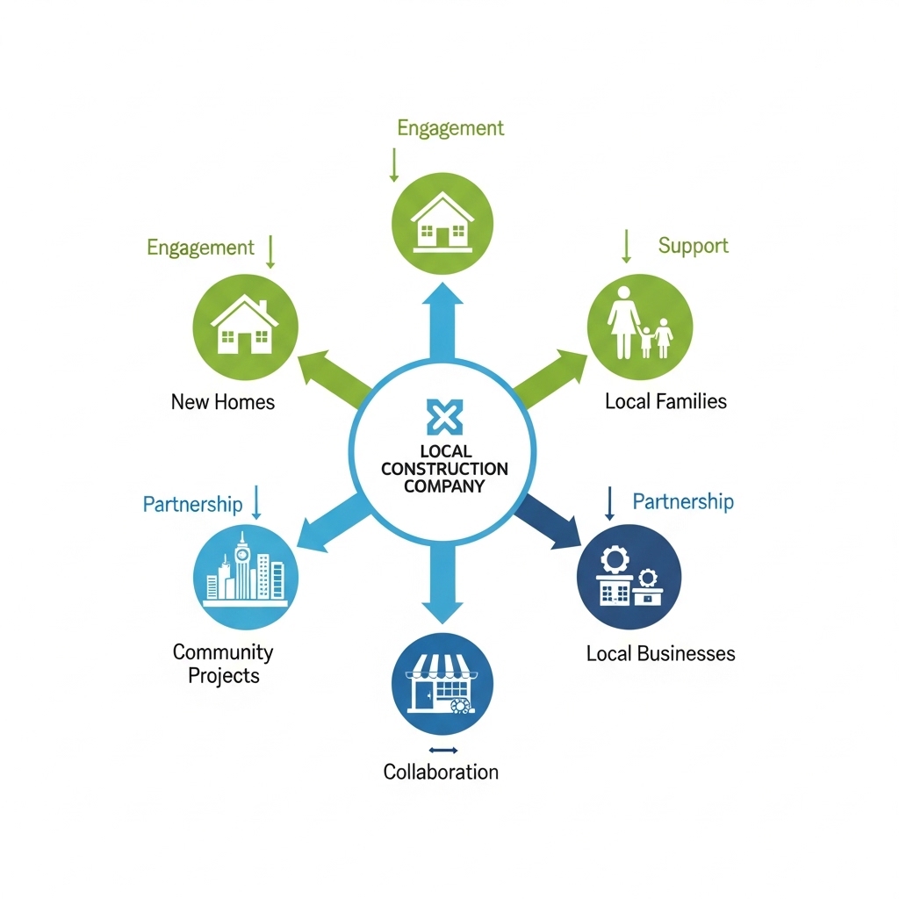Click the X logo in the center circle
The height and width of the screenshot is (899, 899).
444,416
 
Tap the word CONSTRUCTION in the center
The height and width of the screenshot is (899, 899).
444,469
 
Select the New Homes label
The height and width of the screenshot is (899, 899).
223,402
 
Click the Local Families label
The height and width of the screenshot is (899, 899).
665,401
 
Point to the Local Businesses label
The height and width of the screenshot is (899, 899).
660,653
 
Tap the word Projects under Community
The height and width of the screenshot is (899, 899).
224,676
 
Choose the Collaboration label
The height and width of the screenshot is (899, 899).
441,772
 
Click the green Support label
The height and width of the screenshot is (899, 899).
694,246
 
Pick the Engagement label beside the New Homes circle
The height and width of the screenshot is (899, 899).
200,248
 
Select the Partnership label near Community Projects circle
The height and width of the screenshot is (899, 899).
192,505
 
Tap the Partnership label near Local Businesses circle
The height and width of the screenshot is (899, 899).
683,501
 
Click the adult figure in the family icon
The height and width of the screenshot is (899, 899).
623,322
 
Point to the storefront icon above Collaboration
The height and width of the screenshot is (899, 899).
442,684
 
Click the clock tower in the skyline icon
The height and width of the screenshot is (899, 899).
243,565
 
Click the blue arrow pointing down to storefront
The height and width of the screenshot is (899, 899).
442,584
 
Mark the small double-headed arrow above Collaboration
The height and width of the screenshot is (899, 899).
443,750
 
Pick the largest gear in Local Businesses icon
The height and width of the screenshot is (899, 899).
615,558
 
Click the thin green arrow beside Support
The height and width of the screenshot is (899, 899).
627,247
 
